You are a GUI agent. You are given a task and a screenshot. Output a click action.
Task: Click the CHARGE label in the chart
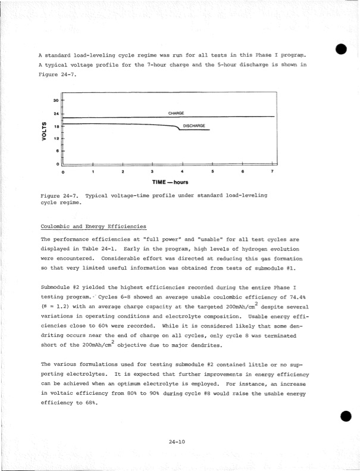[176, 113]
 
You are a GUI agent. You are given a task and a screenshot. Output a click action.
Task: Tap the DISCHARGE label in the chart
[194, 126]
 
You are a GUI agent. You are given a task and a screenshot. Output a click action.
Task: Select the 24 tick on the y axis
[55, 114]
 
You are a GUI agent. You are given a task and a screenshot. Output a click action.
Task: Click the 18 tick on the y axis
[55, 126]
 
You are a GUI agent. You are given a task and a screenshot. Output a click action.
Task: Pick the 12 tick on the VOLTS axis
[55, 139]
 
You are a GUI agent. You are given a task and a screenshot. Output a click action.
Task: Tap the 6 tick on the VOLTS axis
[57, 151]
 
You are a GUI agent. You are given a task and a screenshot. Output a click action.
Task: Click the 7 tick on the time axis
[271, 171]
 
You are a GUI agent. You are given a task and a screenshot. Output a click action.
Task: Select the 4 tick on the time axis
[181, 171]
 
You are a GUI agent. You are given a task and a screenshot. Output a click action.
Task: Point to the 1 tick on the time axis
[92, 171]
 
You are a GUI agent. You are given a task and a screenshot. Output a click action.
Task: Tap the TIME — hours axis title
[166, 183]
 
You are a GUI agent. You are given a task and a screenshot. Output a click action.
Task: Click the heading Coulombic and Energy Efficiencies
[91, 226]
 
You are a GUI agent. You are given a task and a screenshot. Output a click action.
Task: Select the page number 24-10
[177, 425]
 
